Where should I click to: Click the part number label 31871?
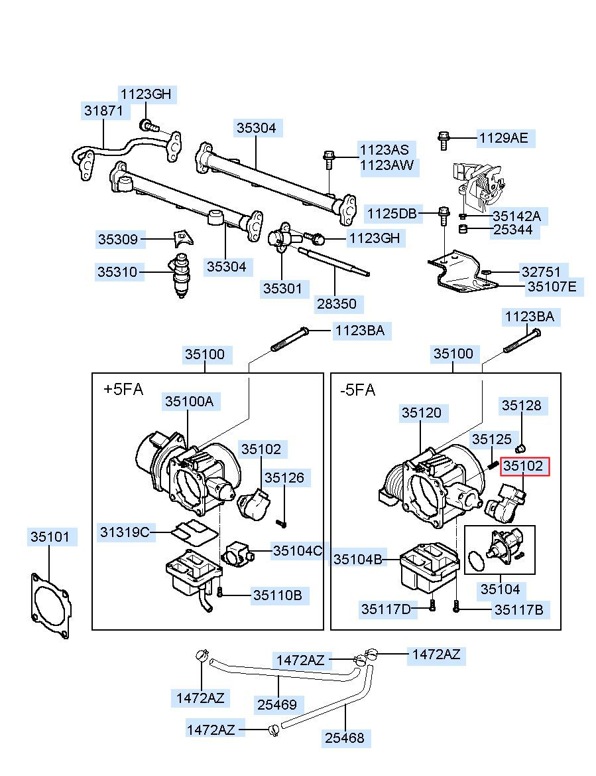pos(104,110)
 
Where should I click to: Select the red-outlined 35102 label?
pos(523,466)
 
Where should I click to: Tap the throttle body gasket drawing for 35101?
pos(50,605)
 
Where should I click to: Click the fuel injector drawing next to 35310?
pos(181,275)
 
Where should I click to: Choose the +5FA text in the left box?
pos(123,389)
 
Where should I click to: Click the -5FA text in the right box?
pos(358,390)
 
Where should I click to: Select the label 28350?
pos(337,303)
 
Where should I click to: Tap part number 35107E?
pos(552,287)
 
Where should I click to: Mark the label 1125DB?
pos(392,214)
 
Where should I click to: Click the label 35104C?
pos(298,550)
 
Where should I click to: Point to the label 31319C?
pos(125,532)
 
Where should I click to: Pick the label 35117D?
pos(386,609)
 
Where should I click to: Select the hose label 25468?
pos(345,738)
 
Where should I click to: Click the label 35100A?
pos(190,401)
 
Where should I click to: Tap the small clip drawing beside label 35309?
pos(182,238)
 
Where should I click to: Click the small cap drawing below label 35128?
pos(520,448)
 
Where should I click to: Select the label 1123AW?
pos(387,165)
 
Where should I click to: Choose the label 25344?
pos(513,230)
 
